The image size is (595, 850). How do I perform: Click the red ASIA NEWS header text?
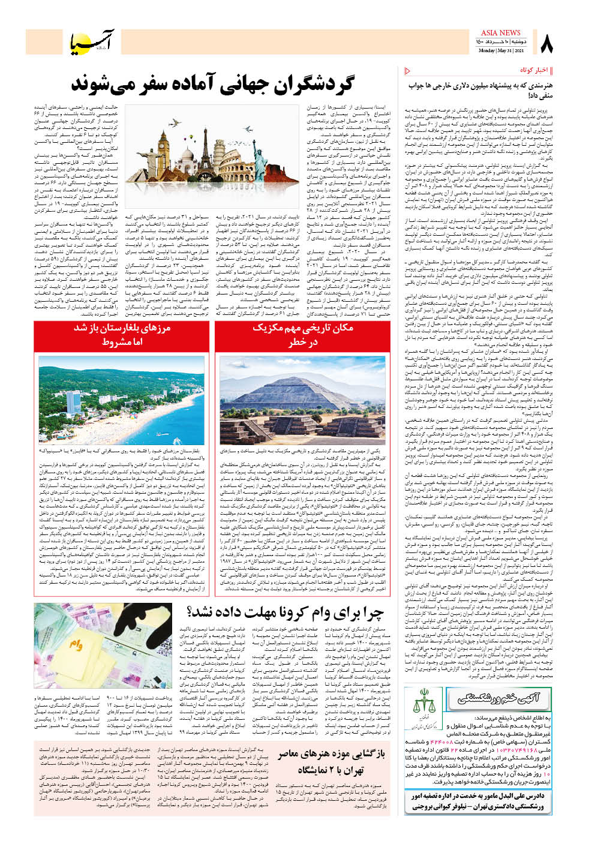coord(500,33)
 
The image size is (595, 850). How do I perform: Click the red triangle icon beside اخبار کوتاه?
coord(408,71)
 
